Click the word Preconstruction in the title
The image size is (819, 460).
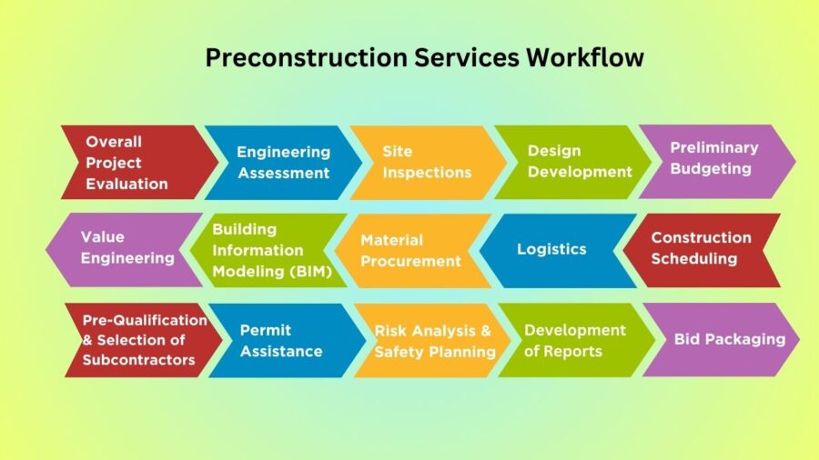306,58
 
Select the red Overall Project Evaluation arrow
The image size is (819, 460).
139,162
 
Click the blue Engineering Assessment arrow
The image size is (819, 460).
284,162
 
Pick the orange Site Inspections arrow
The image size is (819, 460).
429,162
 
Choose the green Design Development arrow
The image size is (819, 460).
573,162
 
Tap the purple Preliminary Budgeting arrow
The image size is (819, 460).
717,162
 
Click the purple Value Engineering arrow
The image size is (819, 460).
125,249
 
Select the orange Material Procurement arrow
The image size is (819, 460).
413,250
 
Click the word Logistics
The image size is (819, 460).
551,249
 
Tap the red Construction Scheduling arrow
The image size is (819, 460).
702,250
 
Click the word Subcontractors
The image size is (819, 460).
139,360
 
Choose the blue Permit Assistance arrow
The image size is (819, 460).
288,340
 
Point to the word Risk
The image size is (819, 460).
391,331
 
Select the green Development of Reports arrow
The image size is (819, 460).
577,340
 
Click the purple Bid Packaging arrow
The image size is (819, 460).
722,339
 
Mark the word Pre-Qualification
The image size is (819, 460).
145,320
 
